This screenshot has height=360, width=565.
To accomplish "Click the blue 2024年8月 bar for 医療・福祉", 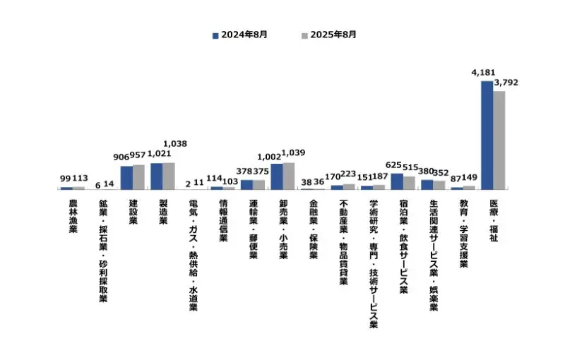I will [487, 135].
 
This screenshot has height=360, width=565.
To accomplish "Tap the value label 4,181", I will [484, 73].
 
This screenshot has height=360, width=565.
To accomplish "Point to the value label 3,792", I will [506, 83].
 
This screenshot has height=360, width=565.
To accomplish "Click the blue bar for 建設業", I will [126, 177].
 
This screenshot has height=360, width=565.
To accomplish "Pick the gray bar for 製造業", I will [169, 176].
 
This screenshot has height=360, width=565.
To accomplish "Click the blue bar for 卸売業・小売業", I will [277, 176].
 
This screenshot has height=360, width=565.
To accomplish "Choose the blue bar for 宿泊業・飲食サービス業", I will [397, 181].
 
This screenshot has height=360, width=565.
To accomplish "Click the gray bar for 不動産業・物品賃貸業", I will [349, 186].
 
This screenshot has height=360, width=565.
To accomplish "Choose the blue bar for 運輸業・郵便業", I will [246, 184].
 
